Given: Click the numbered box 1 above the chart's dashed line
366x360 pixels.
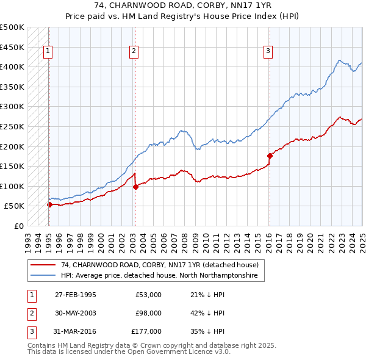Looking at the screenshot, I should point(48,52).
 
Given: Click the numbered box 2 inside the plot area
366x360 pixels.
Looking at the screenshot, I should point(134,52).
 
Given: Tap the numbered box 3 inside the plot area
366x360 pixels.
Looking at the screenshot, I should point(268,52).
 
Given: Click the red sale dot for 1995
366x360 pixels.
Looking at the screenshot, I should point(49,204).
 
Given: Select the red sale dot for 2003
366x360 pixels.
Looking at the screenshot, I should point(135,187).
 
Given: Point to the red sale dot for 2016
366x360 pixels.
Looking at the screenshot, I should point(269,156).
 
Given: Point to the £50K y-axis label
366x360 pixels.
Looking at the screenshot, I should point(15,206).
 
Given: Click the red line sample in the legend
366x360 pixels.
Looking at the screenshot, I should point(43,265).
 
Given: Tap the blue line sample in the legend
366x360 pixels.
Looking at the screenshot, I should point(43,276).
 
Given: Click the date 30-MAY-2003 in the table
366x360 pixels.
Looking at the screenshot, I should point(76,312).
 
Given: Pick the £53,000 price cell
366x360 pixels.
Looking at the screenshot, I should point(148,294).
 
